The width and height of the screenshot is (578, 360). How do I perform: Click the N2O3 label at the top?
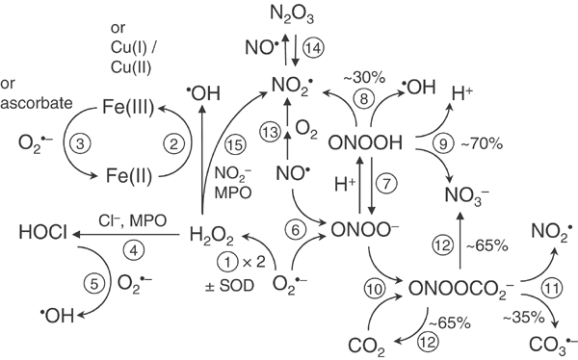292,13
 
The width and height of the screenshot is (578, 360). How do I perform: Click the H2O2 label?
211,232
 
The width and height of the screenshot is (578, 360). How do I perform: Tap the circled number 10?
383,286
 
